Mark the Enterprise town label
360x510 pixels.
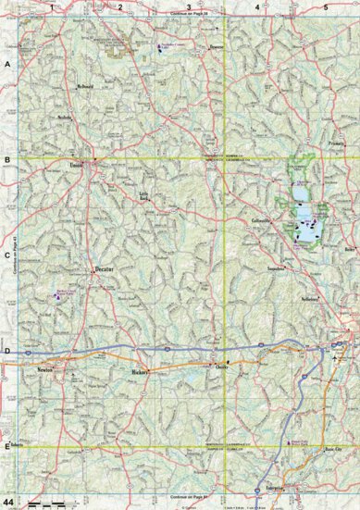coord(267,484)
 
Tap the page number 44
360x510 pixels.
coord(10,501)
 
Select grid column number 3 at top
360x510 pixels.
coord(189,7)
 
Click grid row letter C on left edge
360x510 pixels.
coord(6,259)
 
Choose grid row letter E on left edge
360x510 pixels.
coord(6,448)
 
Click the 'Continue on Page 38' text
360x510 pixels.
coord(190,16)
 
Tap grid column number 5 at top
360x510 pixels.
coord(325,7)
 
